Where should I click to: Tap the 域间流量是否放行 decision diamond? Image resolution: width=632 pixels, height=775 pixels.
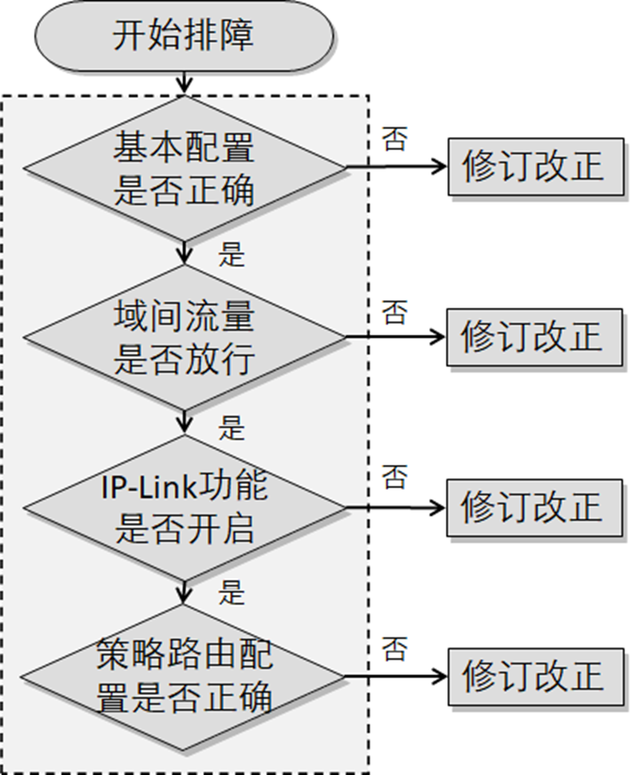tap(185, 337)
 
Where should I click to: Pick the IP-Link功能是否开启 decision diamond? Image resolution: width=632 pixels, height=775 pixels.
tap(185, 507)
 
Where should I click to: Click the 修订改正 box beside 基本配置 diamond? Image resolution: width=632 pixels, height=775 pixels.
tap(536, 167)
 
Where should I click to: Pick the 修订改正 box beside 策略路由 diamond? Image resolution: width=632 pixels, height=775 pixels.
tap(536, 677)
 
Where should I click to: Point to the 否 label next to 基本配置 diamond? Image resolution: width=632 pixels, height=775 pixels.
tap(393, 139)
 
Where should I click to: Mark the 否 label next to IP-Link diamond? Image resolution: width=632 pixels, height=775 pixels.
tap(393, 477)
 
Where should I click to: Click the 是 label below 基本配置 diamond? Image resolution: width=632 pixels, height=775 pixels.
tap(232, 255)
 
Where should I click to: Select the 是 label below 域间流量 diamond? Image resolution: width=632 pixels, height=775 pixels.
tap(232, 427)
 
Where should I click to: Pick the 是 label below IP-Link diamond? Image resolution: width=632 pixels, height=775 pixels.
tap(232, 594)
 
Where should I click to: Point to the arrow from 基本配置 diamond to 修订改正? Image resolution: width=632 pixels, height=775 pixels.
tap(396, 167)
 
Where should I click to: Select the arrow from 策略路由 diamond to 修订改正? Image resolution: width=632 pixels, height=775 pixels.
tap(396, 677)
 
